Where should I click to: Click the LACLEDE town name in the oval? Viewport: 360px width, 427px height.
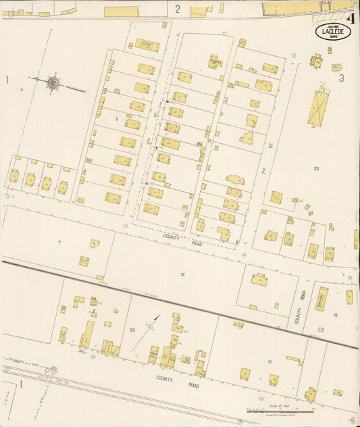(332, 31)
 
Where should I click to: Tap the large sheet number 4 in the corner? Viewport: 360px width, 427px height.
(350, 18)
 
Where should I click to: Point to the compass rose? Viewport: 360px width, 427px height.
(53, 84)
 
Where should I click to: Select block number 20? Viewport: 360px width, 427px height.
(316, 168)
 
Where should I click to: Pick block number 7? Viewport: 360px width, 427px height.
(59, 242)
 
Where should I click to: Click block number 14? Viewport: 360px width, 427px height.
(182, 274)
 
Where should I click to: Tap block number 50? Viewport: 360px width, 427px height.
(132, 330)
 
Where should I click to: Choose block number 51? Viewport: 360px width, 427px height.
(269, 362)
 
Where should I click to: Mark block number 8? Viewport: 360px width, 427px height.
(117, 119)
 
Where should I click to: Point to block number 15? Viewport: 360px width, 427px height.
(210, 141)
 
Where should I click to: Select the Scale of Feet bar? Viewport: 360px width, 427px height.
(280, 410)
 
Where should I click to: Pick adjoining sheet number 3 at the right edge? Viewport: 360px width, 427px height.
(342, 78)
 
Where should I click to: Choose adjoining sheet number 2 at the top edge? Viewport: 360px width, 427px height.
(178, 9)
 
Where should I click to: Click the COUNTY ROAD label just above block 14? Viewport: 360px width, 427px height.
(182, 239)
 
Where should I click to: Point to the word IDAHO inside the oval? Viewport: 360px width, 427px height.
(332, 38)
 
